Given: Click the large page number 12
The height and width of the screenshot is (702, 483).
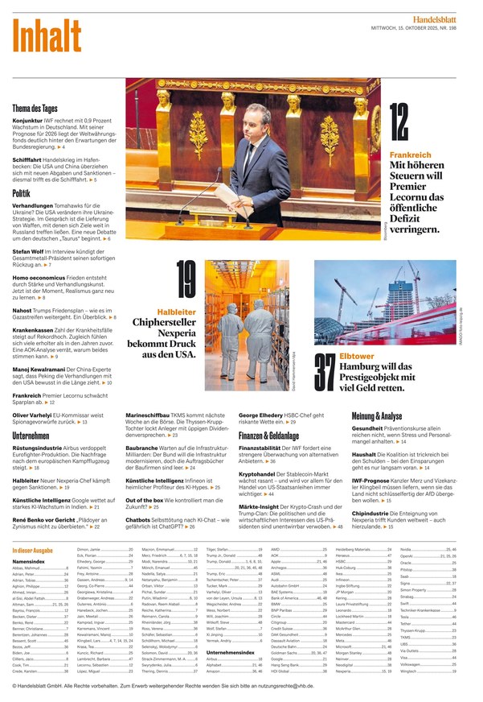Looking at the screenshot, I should (x=399, y=124).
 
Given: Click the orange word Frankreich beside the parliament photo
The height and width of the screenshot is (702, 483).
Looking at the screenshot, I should (x=410, y=155).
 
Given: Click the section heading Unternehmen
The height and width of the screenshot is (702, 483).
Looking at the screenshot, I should (x=32, y=435).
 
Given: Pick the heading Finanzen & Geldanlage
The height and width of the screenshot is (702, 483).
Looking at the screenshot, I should (x=274, y=435).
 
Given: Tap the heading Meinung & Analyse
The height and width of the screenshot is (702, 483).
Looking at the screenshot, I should (x=377, y=416).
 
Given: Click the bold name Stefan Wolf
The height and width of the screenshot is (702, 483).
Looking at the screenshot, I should (x=28, y=251).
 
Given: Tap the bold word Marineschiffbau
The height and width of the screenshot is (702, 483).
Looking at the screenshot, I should (x=149, y=416).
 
